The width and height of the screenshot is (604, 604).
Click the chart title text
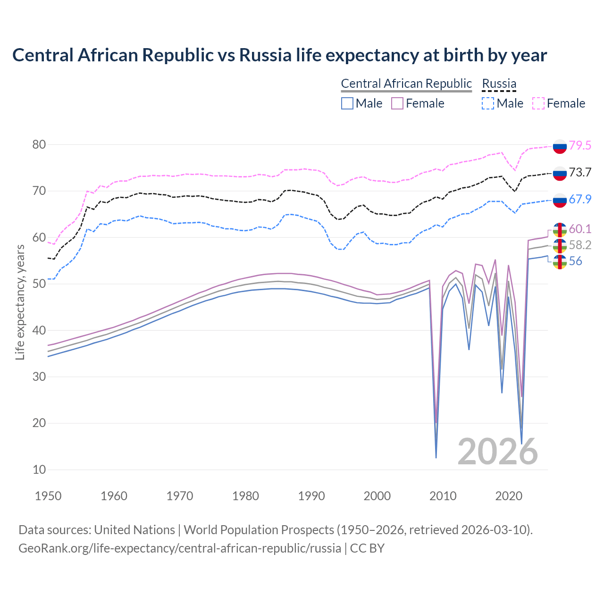(x=279, y=55)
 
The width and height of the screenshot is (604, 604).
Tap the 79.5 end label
(x=580, y=145)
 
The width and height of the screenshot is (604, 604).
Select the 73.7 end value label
(x=580, y=172)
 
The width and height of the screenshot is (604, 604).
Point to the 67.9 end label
(x=580, y=199)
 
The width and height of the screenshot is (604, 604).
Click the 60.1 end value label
(x=580, y=229)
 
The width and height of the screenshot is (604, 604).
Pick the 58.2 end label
(x=580, y=245)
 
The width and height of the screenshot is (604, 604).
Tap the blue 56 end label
(x=576, y=261)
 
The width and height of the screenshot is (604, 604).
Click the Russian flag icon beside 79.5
(x=560, y=146)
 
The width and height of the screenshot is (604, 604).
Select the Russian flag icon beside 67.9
(x=560, y=200)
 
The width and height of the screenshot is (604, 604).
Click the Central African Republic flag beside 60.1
(x=560, y=230)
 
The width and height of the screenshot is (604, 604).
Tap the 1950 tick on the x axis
(x=48, y=496)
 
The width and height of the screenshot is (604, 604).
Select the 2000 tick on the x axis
(x=377, y=496)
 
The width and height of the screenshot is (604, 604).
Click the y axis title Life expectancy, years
(x=20, y=302)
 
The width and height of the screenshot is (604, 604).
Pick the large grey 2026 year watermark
(x=498, y=452)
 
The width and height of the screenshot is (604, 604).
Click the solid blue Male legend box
(x=347, y=103)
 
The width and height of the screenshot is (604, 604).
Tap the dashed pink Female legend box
(x=538, y=103)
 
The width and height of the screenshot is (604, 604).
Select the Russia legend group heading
(x=499, y=84)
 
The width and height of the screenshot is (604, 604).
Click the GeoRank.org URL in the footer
(x=179, y=548)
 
